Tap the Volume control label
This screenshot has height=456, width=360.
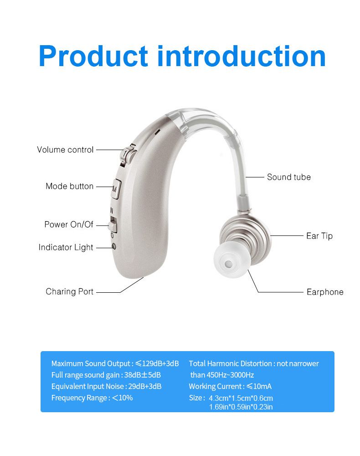point(65,150)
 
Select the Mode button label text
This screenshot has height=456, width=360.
point(69,186)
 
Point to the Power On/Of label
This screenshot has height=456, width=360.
point(69,224)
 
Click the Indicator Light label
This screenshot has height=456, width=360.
point(66,247)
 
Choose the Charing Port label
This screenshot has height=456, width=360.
point(69,291)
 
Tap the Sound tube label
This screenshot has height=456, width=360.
point(288,177)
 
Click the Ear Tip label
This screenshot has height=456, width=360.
point(319,236)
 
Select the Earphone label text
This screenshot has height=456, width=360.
point(325,292)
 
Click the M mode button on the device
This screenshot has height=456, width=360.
point(115,188)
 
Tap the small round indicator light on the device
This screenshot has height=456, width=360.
point(114,247)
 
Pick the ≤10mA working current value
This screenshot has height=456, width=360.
point(259,386)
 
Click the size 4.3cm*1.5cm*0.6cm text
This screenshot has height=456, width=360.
point(241,398)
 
